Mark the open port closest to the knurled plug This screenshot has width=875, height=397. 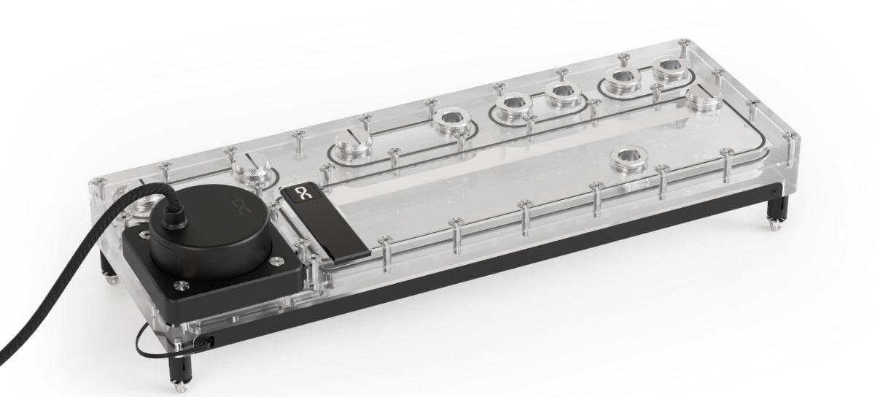point(669,70)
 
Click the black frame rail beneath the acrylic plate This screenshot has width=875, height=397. point(510,277)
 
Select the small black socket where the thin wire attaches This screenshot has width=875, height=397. point(207,340)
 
